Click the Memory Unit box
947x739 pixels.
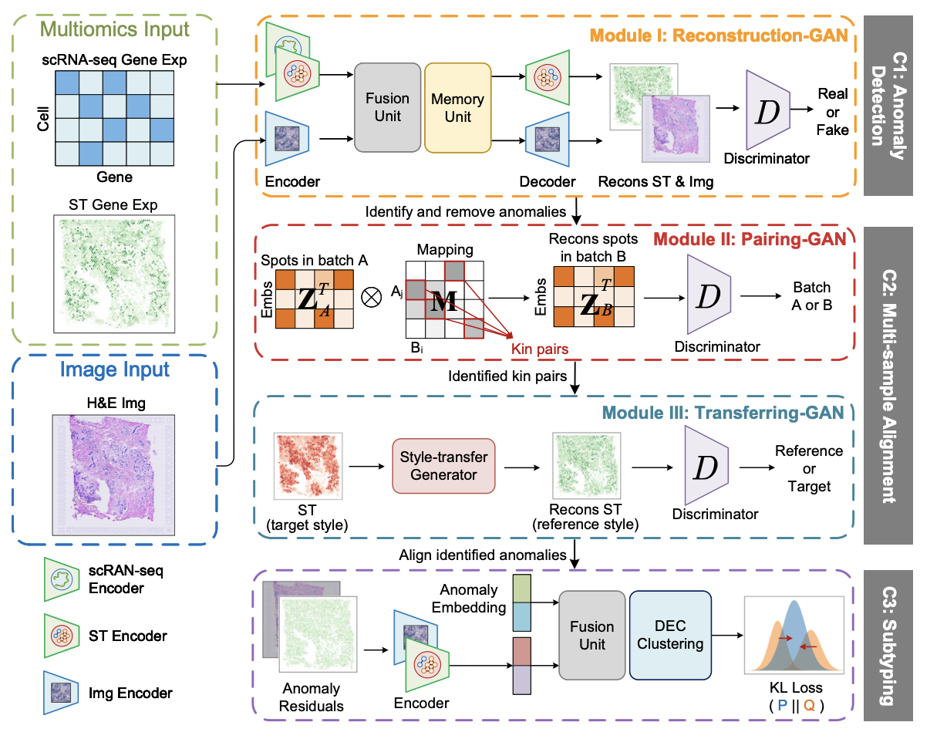[x=457, y=108]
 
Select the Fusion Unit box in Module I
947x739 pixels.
[x=387, y=108]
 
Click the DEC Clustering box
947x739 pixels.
[x=669, y=635]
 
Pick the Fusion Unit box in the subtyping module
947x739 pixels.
[x=592, y=635]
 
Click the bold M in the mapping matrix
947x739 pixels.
[x=443, y=302]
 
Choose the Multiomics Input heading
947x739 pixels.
[x=114, y=30]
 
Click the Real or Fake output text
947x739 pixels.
[x=833, y=112]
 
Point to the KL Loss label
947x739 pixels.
[x=796, y=687]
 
